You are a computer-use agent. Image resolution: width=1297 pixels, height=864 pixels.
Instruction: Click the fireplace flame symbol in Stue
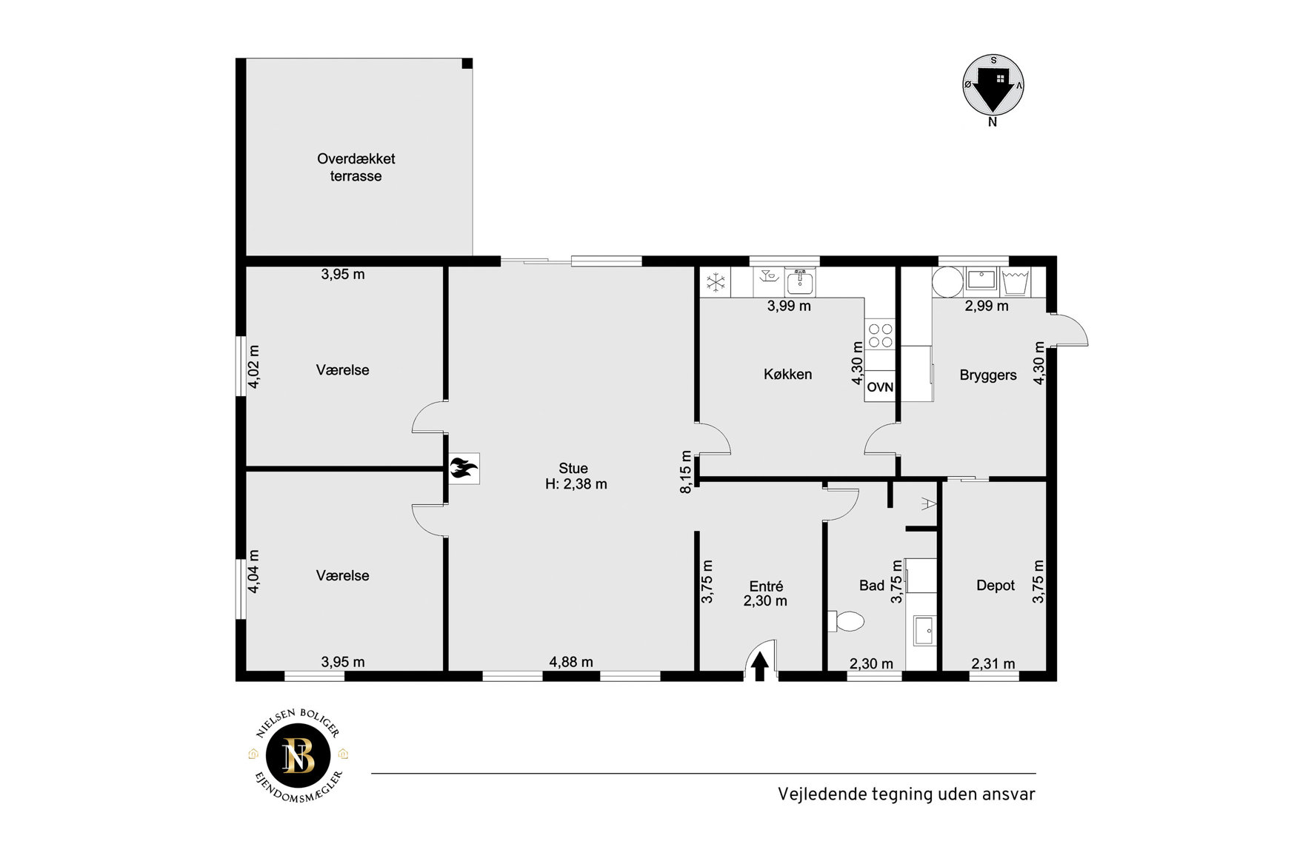[464, 469]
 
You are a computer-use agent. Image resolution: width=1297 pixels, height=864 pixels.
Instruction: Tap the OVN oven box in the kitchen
[880, 386]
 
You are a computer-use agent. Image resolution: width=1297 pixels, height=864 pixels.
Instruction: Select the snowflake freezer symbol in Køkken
[716, 282]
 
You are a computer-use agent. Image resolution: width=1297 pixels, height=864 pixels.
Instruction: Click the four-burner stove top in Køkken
[880, 335]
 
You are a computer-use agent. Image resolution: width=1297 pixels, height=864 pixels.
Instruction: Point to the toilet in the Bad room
[847, 621]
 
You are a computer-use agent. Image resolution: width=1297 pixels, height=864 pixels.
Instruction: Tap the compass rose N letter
[993, 123]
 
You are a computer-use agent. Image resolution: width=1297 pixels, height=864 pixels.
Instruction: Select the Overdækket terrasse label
[356, 167]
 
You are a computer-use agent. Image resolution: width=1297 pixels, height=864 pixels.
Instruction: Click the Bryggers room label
[988, 375]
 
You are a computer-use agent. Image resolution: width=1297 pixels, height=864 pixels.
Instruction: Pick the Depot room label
[996, 586]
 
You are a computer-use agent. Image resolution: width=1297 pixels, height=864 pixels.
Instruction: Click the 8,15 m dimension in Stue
[686, 472]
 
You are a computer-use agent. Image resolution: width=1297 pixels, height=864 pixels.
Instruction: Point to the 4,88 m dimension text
[571, 662]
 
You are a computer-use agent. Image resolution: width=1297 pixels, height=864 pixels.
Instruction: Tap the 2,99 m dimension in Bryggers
[987, 306]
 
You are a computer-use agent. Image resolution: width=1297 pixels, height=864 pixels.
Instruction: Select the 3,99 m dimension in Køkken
[789, 306]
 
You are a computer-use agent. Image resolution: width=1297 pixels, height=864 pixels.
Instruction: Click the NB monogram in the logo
[299, 756]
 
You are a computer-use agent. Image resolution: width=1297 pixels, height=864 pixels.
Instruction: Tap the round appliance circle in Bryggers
[947, 282]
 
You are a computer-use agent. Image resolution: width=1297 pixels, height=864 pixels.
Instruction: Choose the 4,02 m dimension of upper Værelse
[253, 366]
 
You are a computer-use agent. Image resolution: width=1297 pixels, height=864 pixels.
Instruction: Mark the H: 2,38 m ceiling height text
[576, 484]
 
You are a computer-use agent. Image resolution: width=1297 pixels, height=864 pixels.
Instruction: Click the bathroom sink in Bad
[924, 630]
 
